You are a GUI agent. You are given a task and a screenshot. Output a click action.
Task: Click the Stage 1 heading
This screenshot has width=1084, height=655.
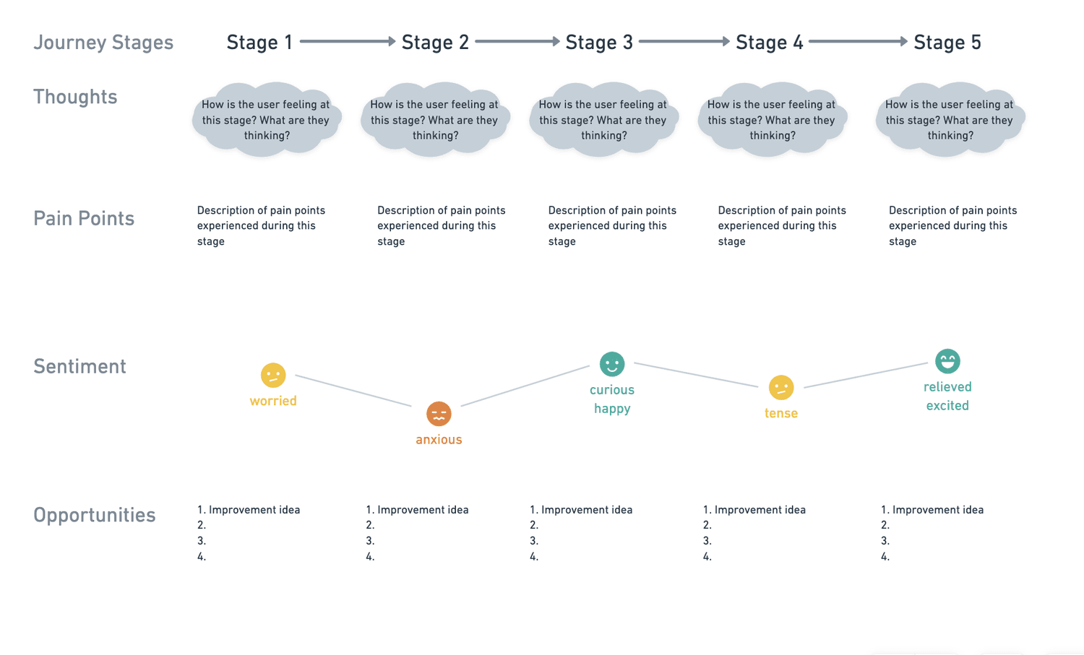coord(259,43)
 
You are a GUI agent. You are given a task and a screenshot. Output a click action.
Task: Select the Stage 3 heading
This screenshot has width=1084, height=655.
coord(599,43)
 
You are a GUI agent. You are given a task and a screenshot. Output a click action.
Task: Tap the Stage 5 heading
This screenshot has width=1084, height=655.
coord(947,43)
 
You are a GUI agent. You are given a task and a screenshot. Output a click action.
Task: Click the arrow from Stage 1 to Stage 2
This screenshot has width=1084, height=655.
coord(347,42)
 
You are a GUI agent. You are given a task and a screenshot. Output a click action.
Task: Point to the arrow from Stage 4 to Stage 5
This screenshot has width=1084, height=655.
coord(858,42)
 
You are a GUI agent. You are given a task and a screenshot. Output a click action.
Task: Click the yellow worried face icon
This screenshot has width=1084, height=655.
coord(273,376)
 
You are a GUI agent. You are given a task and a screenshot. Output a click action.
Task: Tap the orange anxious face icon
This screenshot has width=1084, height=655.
coord(439,414)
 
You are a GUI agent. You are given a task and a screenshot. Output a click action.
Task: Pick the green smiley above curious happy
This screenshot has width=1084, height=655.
coord(612,364)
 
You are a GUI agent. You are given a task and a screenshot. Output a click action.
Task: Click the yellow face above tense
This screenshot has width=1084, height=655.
coord(781,388)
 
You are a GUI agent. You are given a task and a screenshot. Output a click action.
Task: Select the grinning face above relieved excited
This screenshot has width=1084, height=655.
coord(947,361)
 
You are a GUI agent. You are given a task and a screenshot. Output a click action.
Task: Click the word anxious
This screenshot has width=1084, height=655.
coord(439,440)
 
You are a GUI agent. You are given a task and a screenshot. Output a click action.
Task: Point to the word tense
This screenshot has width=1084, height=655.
coord(781,414)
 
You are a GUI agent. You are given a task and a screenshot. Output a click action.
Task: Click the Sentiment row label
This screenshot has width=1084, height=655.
coord(79,367)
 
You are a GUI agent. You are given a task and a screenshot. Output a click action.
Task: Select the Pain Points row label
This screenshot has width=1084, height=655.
coord(84,219)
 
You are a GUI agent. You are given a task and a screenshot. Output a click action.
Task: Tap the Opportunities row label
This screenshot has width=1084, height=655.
coord(95,516)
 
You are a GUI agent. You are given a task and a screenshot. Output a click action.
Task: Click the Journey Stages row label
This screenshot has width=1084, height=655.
coord(103,43)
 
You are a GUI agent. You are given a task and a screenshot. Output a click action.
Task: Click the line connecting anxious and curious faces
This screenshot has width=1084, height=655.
coord(525,386)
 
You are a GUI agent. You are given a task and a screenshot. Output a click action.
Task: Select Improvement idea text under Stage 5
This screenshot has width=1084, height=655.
coord(937,510)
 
